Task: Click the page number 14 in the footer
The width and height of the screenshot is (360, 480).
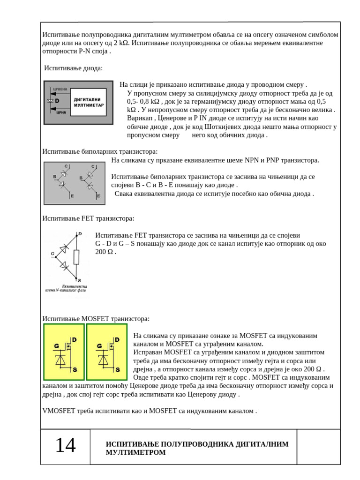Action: pos(65,445)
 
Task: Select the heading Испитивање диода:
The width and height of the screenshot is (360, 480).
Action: pos(73,68)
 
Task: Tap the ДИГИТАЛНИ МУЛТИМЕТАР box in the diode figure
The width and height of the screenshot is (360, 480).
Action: pos(89,103)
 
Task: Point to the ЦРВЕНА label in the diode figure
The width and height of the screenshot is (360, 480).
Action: pos(61,90)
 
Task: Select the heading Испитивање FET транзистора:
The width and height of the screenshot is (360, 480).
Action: pos(88,218)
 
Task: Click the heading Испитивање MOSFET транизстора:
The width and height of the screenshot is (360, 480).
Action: pos(96,319)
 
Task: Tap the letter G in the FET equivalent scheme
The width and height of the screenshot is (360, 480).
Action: pos(52,254)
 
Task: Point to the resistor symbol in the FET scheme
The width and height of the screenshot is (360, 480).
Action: pos(76,257)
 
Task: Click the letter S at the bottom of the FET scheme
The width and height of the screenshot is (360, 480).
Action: pos(78,280)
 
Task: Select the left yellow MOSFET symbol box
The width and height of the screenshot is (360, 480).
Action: pos(63,352)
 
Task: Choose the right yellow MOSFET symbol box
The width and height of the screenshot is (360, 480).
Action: pos(106,352)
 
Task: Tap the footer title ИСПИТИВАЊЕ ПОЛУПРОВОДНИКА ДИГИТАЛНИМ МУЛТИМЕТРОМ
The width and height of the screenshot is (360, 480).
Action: pos(197,448)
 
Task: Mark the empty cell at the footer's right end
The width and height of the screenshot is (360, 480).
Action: pos(319,446)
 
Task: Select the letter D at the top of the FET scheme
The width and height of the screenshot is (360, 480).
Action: pos(79,233)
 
